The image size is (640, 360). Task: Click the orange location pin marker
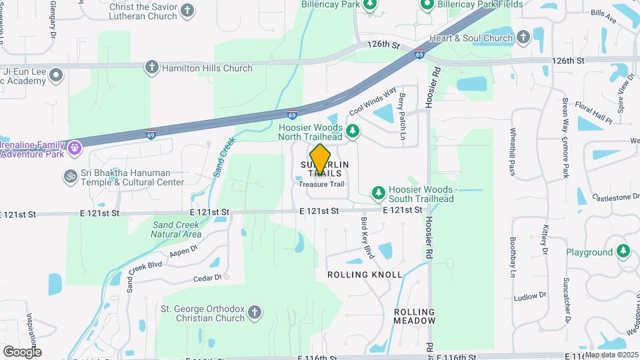point(321,160)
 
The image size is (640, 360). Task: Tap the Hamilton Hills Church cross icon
point(152,67)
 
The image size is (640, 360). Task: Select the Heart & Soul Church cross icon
point(523,37)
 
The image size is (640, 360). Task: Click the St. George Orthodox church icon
point(256,312)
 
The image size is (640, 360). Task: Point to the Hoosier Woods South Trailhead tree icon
point(379,193)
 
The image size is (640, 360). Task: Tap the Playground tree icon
point(623,252)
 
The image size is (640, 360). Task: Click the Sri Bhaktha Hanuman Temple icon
point(70,177)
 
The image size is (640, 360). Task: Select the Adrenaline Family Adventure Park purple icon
point(75,146)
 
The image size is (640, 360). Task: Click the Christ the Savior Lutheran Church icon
point(188,11)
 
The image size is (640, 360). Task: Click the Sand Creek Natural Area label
point(176,229)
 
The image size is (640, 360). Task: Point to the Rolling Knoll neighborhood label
point(364,275)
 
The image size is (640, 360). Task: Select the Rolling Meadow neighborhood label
point(414,317)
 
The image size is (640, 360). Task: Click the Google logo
point(22,351)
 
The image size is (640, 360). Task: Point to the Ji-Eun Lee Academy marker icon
point(55,75)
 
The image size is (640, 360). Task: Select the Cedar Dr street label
point(207,278)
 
